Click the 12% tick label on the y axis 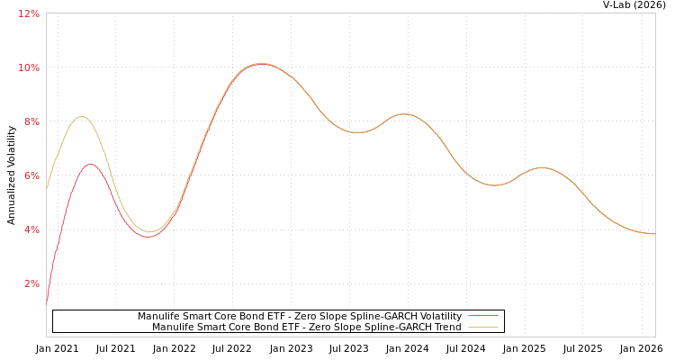[29, 14]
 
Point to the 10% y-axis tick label [29, 68]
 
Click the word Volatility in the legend [436, 317]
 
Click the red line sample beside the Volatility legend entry [483, 317]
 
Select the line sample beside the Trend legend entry [483, 328]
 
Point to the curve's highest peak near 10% [260, 64]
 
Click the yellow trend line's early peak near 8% [81, 116]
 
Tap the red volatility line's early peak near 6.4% [90, 165]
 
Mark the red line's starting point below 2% [47, 304]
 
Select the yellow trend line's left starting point [47, 186]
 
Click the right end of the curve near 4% [654, 234]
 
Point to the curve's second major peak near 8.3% [403, 114]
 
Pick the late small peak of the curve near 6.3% [541, 168]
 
